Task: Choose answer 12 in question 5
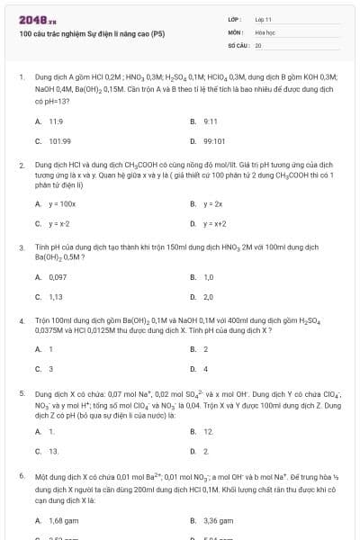pyautogui.click(x=207, y=431)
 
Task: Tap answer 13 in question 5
pyautogui.click(x=53, y=451)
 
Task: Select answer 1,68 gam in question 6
pyautogui.click(x=61, y=520)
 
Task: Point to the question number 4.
pyautogui.click(x=21, y=320)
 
